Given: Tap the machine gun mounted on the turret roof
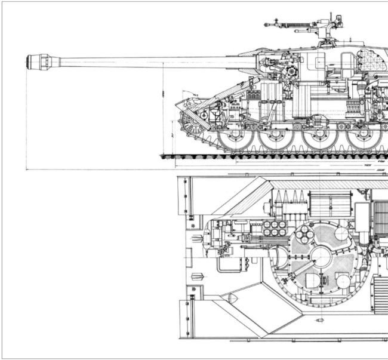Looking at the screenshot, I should [x=298, y=26].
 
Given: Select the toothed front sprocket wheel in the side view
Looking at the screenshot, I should [x=194, y=124].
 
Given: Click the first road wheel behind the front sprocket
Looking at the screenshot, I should [x=233, y=139].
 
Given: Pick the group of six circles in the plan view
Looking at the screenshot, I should [x=275, y=228].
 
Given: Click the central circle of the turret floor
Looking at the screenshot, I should [x=321, y=257].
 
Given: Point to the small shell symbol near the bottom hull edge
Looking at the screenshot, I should [x=319, y=321].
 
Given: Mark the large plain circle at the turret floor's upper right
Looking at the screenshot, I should [x=344, y=238].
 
